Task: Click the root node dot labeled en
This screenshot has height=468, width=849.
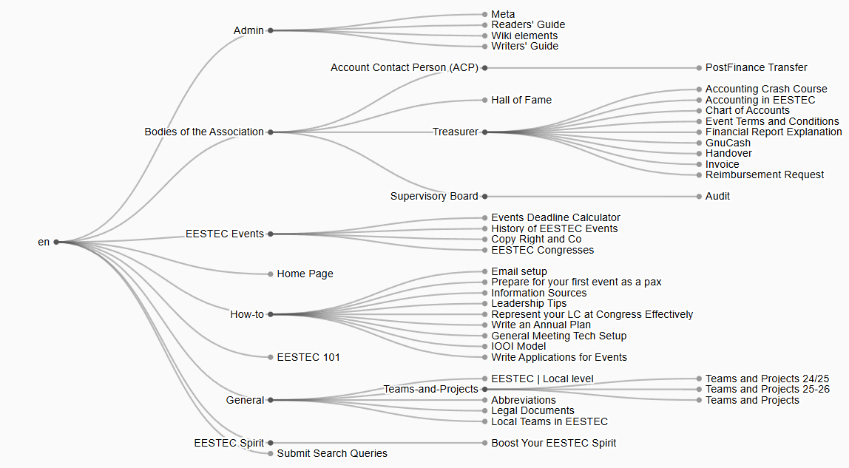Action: click(x=56, y=242)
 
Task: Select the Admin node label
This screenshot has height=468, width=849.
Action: click(x=248, y=30)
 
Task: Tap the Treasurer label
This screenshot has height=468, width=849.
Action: click(x=456, y=132)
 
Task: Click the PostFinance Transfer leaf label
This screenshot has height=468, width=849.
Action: click(x=756, y=67)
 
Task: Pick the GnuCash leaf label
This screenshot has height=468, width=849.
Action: click(x=728, y=143)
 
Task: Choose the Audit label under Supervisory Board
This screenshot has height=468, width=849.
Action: click(x=717, y=196)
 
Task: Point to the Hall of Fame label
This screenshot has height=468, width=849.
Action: click(x=521, y=100)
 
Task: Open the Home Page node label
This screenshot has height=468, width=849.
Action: click(x=305, y=274)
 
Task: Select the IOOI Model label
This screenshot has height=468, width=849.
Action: click(x=518, y=346)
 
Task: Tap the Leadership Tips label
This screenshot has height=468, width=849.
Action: click(x=529, y=303)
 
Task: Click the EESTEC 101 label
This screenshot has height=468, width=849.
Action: click(x=308, y=357)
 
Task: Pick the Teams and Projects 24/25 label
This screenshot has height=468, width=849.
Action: click(x=767, y=379)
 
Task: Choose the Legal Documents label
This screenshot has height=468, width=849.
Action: click(x=532, y=410)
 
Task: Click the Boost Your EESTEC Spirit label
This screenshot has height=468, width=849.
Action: click(x=553, y=443)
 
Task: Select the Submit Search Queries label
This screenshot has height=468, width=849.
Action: click(x=332, y=453)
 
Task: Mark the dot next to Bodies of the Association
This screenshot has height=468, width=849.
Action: click(x=271, y=132)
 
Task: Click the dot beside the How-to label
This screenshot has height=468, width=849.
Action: click(x=271, y=314)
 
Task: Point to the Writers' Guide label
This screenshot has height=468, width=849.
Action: click(x=524, y=46)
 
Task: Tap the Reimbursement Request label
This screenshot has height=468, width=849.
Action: click(x=765, y=174)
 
